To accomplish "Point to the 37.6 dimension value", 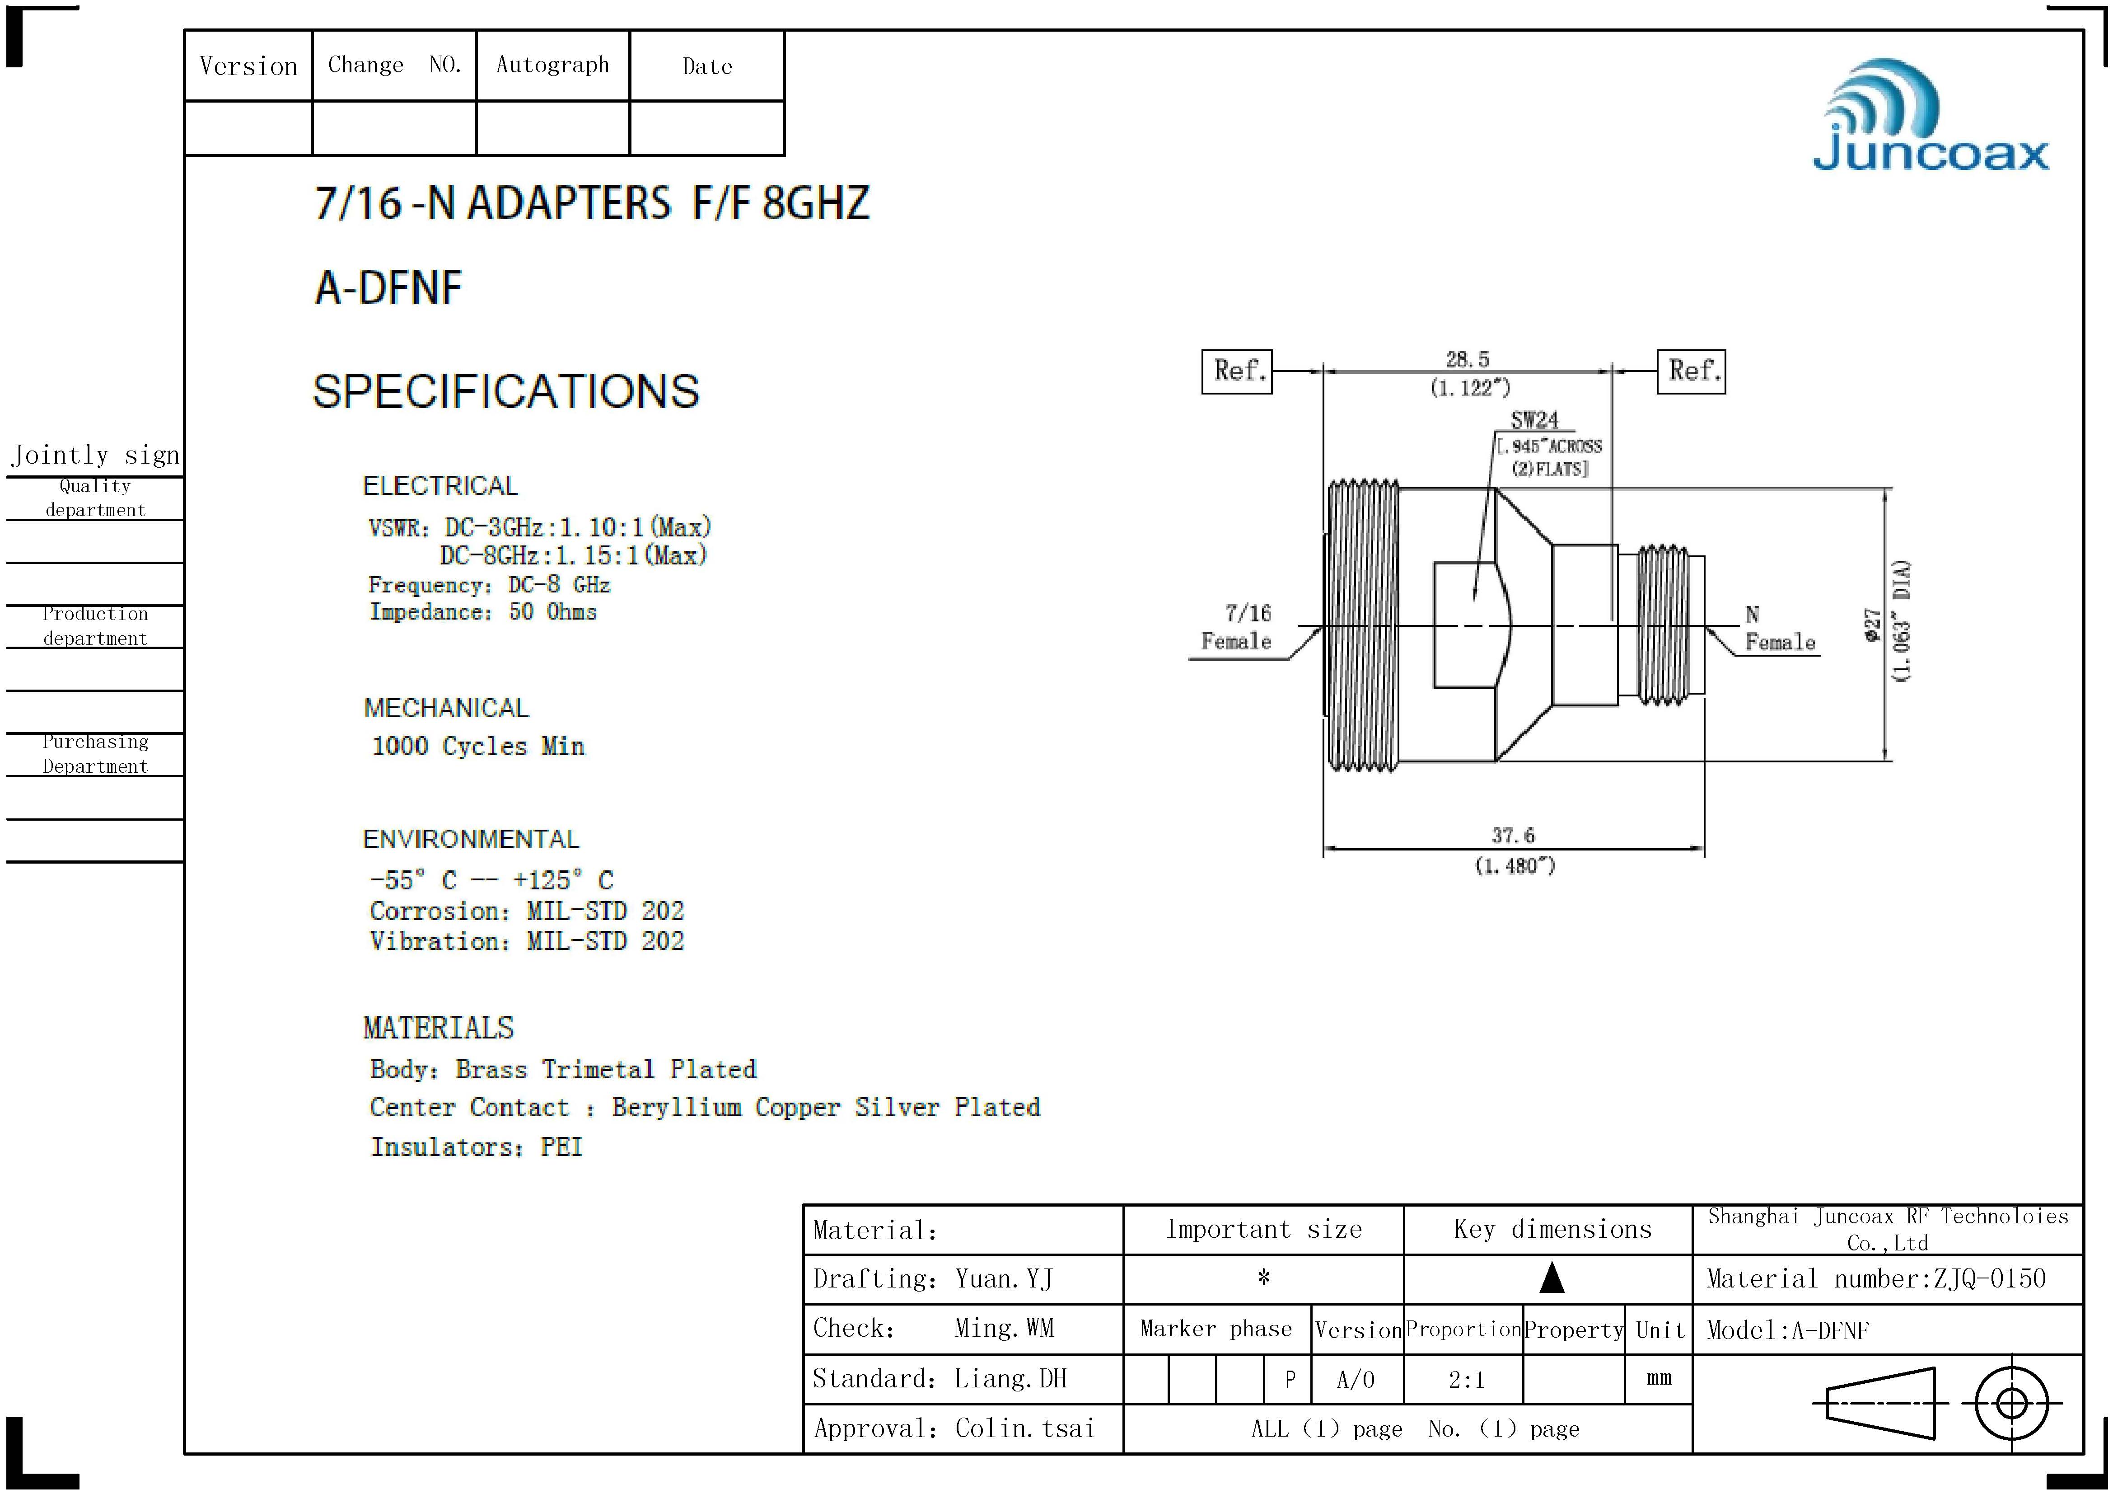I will pyautogui.click(x=1513, y=835).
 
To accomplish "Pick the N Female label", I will pyautogui.click(x=1779, y=629).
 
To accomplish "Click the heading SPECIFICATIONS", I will pyautogui.click(x=506, y=391).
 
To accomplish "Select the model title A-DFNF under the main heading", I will pyautogui.click(x=388, y=288).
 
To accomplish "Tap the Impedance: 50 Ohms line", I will pyautogui.click(x=483, y=612).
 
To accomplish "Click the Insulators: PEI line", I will pyautogui.click(x=477, y=1147).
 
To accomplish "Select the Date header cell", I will pyautogui.click(x=707, y=66).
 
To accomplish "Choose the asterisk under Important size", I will pyautogui.click(x=1263, y=1278).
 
